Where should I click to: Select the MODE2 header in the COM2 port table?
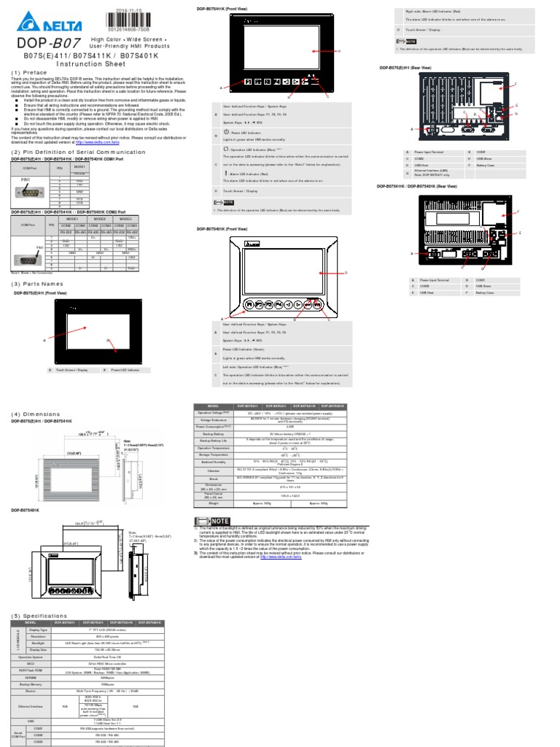coord(101,218)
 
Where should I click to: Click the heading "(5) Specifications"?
coord(39,616)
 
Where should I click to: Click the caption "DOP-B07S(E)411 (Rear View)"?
coord(404,68)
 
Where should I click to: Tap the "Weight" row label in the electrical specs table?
coord(214,503)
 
